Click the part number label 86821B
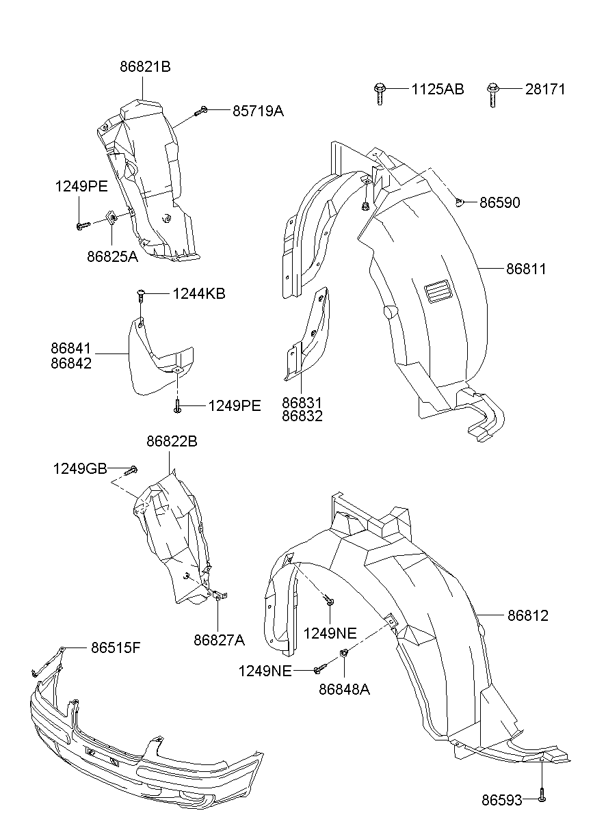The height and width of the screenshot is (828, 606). point(144,67)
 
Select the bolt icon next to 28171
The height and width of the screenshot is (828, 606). point(492,92)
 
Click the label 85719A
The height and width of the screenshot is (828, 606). point(257,110)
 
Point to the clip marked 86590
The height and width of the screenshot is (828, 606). point(462,202)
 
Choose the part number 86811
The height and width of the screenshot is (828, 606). point(526,269)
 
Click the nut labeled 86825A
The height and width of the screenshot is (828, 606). point(109,219)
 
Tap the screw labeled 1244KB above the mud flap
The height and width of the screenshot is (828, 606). point(141,295)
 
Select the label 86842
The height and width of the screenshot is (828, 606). point(70,363)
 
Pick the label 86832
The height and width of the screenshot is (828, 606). point(301,415)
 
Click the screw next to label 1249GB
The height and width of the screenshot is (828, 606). point(133,469)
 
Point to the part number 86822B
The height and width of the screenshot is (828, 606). point(172,442)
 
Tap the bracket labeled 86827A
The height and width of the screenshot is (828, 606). point(219,596)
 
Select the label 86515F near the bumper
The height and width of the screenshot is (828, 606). point(116,647)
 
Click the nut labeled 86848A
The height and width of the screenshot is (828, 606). point(344,655)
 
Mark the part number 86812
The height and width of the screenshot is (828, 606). point(527,615)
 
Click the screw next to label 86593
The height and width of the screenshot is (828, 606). point(541,797)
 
